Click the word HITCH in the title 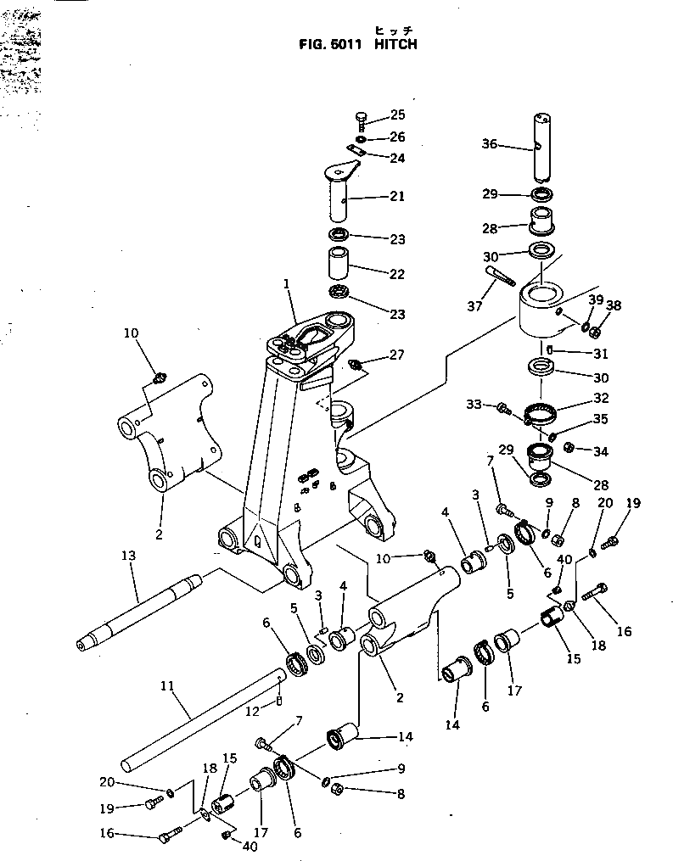pyautogui.click(x=393, y=44)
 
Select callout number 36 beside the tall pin pyautogui.click(x=513, y=144)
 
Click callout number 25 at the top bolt pyautogui.click(x=397, y=115)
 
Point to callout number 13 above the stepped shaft pyautogui.click(x=128, y=556)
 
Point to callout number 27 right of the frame pyautogui.click(x=397, y=355)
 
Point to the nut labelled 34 pyautogui.click(x=571, y=448)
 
